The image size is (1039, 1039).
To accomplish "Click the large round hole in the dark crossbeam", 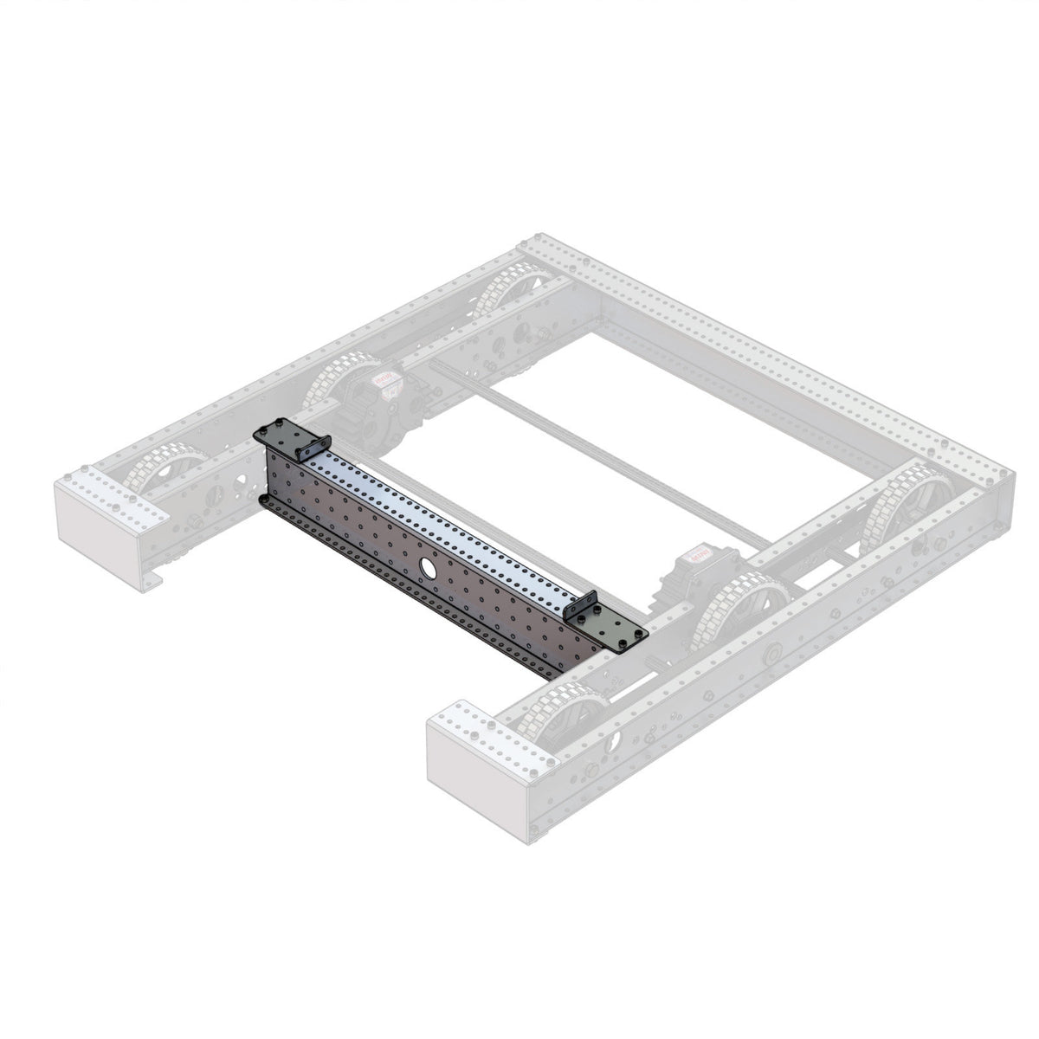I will (427, 567).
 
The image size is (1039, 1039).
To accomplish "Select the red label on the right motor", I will (699, 551).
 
